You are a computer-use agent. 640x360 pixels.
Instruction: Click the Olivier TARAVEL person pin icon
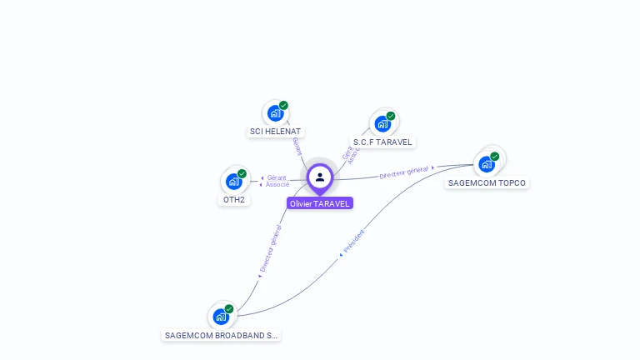click(x=320, y=177)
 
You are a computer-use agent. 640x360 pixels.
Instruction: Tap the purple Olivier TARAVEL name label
click(x=320, y=203)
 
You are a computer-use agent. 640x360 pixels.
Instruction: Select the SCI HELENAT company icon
click(x=275, y=112)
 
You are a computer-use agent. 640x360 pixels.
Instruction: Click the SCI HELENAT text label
click(x=276, y=132)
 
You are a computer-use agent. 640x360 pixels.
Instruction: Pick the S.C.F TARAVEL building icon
click(x=382, y=123)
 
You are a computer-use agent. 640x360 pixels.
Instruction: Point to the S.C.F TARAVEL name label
click(x=382, y=142)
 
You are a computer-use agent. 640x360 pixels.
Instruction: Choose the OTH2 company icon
click(x=233, y=181)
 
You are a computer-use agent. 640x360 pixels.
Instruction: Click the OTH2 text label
click(x=234, y=200)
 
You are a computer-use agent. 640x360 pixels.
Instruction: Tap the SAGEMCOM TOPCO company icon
click(x=487, y=163)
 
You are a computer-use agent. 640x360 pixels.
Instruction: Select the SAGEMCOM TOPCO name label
click(x=487, y=182)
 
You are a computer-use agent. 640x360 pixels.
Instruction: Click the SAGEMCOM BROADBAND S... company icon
click(x=221, y=316)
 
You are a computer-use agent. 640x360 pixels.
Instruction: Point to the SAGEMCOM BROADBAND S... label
click(x=221, y=335)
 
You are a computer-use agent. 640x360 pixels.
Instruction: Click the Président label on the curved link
click(x=353, y=242)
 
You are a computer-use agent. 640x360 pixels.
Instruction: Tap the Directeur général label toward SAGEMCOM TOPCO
click(x=403, y=172)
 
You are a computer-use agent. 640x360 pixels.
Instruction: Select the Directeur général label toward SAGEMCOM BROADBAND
click(x=270, y=249)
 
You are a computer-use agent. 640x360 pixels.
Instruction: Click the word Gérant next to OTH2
click(x=277, y=177)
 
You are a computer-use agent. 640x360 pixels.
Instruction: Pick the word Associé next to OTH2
click(x=277, y=184)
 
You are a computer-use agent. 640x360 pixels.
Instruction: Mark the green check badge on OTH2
click(x=242, y=173)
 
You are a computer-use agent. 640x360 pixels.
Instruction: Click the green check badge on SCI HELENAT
click(x=283, y=105)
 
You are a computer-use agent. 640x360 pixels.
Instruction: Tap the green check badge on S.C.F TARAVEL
click(x=391, y=116)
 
